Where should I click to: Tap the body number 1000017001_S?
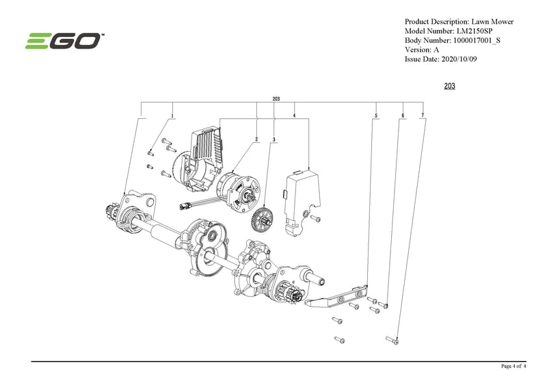coord(483,40)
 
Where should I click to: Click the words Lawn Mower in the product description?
coord(494,21)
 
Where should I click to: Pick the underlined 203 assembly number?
coord(450,86)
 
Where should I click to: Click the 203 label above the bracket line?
coord(276,99)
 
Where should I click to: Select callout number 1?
coord(172,115)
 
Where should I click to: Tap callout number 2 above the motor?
coord(256,139)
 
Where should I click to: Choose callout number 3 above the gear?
coord(273,139)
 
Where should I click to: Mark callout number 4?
coord(294,115)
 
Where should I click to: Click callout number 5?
coord(376,115)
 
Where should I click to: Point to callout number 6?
coord(403,115)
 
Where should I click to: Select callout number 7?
coord(423,115)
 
